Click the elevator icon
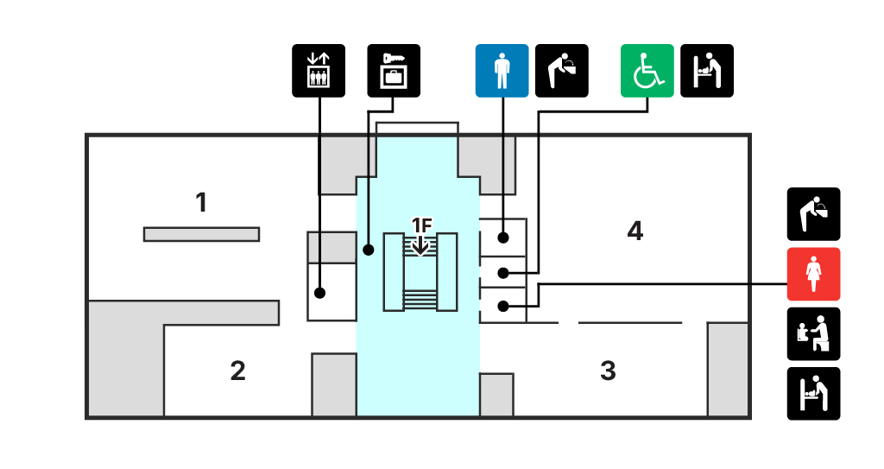[x=319, y=70]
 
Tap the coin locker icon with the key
[x=394, y=70]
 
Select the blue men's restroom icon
[x=502, y=70]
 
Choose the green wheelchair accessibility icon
[x=647, y=70]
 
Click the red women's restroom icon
[x=813, y=274]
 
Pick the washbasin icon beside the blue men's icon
[x=561, y=70]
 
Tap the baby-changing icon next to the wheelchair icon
[x=707, y=70]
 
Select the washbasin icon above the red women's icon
[x=813, y=213]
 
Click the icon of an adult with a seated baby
[x=813, y=333]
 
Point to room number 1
[x=201, y=203]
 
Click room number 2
[x=237, y=371]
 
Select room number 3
[x=608, y=371]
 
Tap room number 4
[x=635, y=231]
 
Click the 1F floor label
[x=420, y=225]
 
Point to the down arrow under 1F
[x=420, y=245]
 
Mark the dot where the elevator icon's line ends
[x=319, y=293]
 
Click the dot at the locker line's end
[x=369, y=251]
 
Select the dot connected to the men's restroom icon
[x=502, y=237]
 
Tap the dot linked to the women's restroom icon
[x=502, y=305]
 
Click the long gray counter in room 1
[x=201, y=234]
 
